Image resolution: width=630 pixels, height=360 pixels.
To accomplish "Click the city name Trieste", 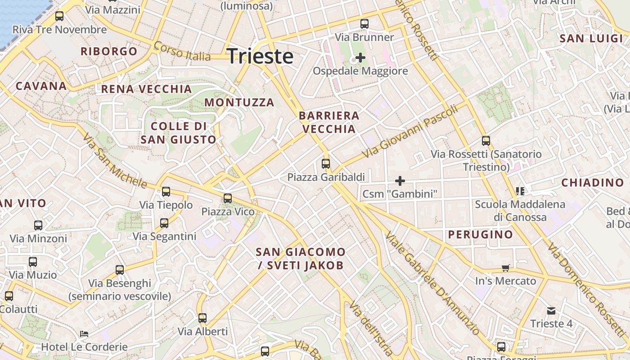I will [260, 57].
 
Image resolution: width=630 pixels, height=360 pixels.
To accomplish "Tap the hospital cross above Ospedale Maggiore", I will [360, 58].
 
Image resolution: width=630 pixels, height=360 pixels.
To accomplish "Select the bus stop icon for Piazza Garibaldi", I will [326, 164].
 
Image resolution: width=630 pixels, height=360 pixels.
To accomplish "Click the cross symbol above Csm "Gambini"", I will [400, 181].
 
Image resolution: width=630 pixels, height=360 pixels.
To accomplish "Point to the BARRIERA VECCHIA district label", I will [329, 122].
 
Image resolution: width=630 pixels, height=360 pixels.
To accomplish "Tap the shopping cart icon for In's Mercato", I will [506, 268].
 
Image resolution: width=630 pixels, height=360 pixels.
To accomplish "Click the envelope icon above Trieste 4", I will [551, 311].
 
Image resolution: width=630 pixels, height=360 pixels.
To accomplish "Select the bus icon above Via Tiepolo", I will [166, 192].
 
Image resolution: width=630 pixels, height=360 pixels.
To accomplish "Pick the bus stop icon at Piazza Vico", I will [228, 198].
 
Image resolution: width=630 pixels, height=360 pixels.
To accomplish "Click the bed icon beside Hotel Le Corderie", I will [84, 334].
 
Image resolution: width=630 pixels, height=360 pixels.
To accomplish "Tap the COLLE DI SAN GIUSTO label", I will [179, 133].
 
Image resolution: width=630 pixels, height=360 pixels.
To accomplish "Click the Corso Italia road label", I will [182, 51].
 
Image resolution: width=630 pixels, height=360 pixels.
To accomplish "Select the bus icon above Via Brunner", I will [364, 24].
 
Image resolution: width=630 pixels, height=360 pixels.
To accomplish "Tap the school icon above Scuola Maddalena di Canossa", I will [520, 191].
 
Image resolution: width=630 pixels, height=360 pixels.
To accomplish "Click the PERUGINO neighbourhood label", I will [480, 234].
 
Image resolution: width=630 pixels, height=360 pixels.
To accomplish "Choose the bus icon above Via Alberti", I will [202, 318].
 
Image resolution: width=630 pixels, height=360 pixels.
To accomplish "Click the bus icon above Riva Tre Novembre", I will [59, 17].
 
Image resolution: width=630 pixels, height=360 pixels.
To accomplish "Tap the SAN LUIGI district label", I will [591, 39].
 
